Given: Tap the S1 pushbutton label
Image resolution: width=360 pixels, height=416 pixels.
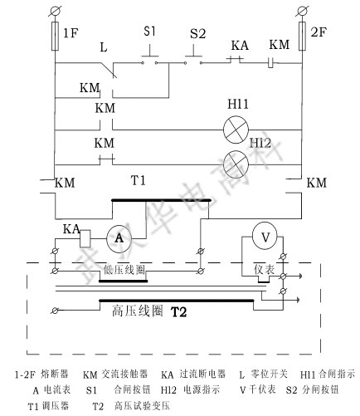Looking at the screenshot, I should [x=150, y=32].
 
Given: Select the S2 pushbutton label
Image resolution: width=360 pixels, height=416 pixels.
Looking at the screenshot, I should [x=197, y=34].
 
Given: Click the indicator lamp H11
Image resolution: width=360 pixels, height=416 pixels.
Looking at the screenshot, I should [x=236, y=127].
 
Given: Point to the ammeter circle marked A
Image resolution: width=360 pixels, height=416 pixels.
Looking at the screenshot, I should [x=119, y=237].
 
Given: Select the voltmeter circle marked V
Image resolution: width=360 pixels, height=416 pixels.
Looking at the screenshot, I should [x=265, y=237].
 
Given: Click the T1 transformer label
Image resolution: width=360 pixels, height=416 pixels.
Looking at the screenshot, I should [x=139, y=180].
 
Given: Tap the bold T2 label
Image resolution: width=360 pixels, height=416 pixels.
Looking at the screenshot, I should [x=180, y=313].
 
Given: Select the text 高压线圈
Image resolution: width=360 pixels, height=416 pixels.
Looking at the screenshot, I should [x=137, y=313].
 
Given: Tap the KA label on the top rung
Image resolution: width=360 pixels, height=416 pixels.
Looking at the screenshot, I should [x=240, y=42].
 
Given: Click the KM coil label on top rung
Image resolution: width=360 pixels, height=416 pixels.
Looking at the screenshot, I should [x=280, y=42].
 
